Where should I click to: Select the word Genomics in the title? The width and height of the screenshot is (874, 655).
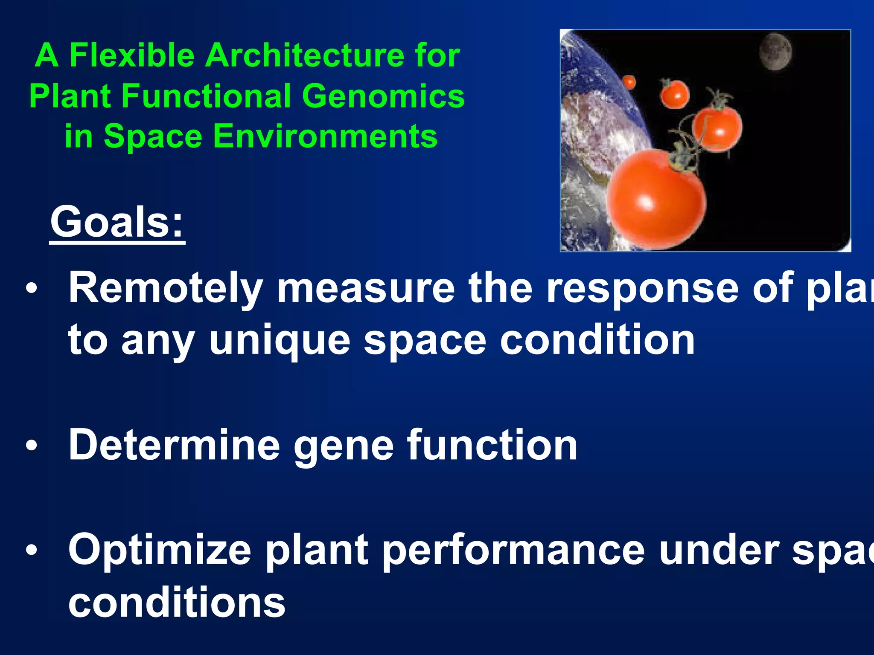coord(383,96)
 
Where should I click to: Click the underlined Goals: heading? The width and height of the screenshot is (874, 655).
coord(117,222)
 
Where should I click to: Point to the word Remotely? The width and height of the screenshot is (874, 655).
coord(166,289)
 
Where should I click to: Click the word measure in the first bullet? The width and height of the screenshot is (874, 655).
coord(366,289)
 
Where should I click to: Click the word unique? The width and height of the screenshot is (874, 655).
coord(280,341)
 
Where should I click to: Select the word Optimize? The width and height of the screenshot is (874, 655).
coord(160,551)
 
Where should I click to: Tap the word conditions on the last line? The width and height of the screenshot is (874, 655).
coord(177,602)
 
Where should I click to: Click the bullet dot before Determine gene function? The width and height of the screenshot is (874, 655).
coord(31,446)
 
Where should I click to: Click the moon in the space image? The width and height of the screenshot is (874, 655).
coord(775,52)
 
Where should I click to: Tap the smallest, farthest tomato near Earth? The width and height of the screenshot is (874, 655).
coord(629,81)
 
